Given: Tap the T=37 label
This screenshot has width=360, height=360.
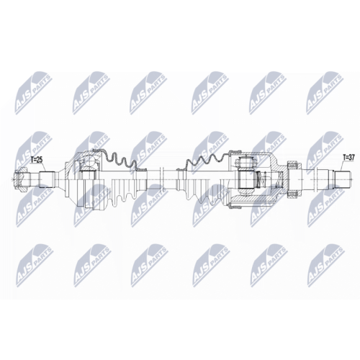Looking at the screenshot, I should coord(348,156).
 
